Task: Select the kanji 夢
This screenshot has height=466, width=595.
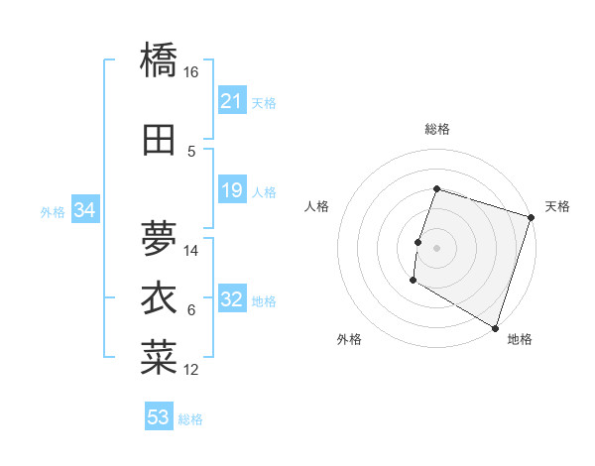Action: [159, 236]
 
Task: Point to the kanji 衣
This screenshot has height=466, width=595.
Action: [159, 298]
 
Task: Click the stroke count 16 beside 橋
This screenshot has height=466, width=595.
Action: [191, 72]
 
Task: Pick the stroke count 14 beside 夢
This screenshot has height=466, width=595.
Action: [191, 250]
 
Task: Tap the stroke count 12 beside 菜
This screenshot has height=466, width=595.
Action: [191, 370]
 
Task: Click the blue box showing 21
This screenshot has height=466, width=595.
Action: [232, 101]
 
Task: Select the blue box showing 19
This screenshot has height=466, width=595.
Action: [232, 190]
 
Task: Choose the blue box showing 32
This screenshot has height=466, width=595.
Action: [232, 300]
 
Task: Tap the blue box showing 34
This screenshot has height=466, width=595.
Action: [84, 210]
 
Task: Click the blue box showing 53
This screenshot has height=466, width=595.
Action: [159, 417]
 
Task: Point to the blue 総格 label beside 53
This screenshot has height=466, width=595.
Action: [190, 419]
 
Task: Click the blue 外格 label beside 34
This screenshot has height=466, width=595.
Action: [53, 211]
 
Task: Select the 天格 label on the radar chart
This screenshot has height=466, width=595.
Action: [557, 206]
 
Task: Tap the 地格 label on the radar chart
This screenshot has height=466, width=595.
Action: [520, 339]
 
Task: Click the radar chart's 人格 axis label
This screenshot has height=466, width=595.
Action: [317, 206]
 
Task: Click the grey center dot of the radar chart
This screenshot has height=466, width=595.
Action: [436, 247]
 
